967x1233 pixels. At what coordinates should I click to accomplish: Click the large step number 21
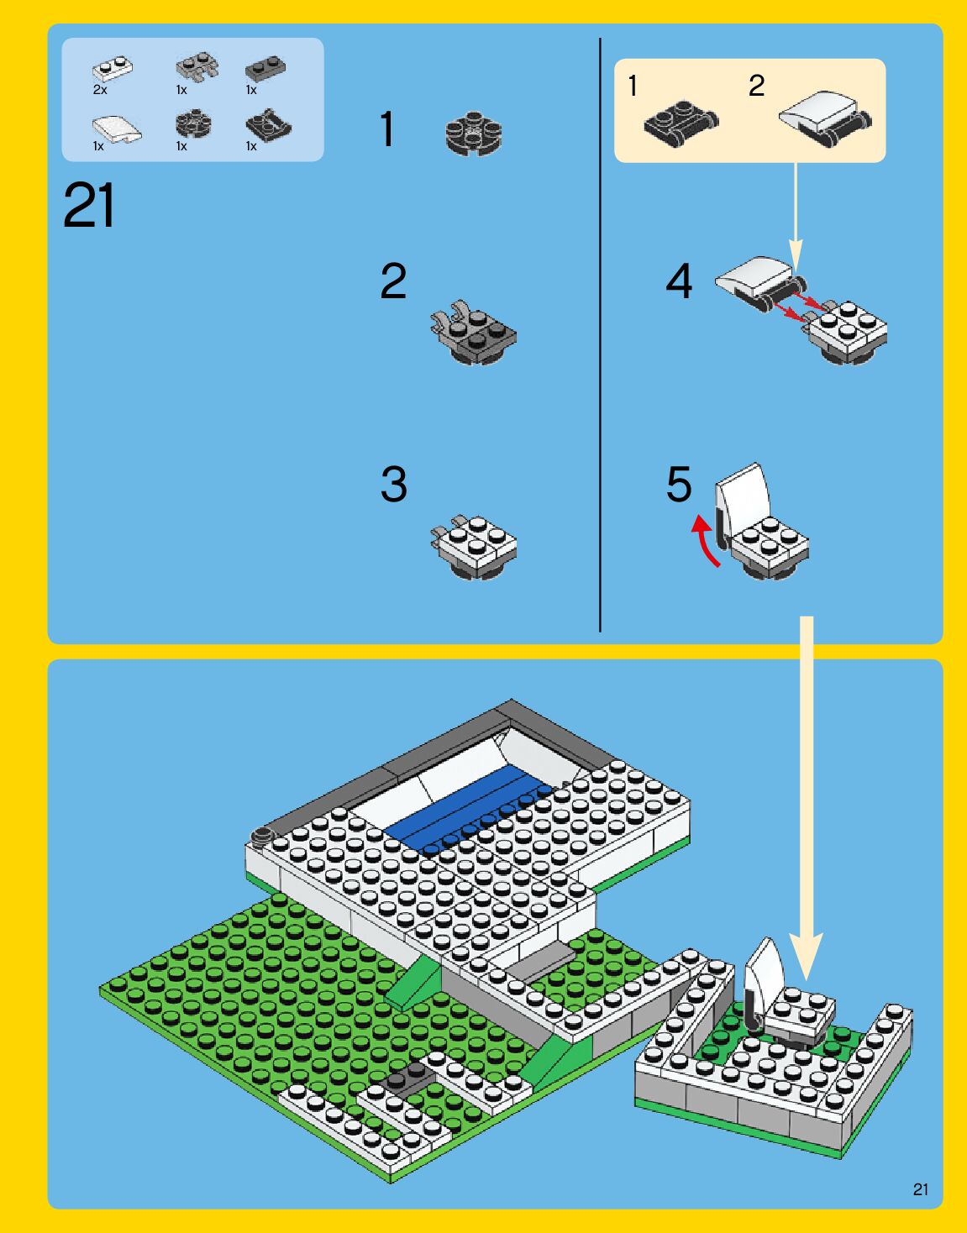click(89, 205)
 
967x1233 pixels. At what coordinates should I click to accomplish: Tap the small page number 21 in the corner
click(921, 1189)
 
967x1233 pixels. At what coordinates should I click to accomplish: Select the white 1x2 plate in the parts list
click(113, 69)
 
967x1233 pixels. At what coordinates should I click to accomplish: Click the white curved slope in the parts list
click(117, 129)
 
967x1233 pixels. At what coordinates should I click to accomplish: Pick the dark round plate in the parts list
click(193, 123)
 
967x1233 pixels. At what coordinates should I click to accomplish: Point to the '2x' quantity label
click(100, 90)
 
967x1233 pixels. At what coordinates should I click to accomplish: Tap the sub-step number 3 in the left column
click(393, 484)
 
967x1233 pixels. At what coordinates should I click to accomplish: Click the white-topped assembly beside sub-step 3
click(474, 547)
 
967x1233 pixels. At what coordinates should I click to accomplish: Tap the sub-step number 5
click(679, 484)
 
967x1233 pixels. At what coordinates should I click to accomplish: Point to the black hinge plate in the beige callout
click(681, 123)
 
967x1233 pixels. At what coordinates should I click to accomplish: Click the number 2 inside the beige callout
click(756, 86)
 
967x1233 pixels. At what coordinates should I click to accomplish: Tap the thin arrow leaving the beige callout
click(796, 217)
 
